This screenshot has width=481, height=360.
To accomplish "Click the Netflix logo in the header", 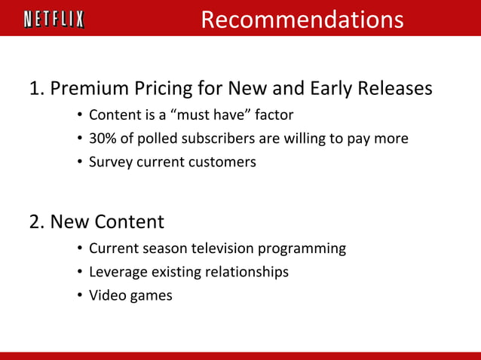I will (54, 19).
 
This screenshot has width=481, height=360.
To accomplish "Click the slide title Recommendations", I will (302, 20).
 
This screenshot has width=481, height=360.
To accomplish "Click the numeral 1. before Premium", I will (36, 89).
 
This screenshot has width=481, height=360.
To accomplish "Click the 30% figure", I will (103, 139).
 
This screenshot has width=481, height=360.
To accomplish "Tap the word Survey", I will (110, 161).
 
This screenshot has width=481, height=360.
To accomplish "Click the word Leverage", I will (115, 272).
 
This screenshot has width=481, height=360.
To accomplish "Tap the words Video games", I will (130, 295).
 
